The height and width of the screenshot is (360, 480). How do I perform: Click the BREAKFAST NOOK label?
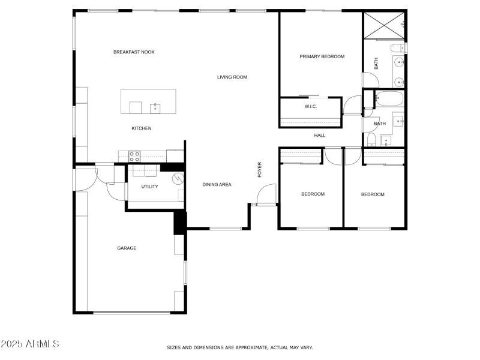point(134,52)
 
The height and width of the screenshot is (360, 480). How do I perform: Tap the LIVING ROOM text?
point(232,77)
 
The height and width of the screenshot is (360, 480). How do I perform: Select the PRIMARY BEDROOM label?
point(322,56)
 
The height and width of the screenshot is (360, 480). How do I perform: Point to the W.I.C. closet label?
point(310,106)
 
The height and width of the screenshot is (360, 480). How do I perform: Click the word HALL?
point(320,136)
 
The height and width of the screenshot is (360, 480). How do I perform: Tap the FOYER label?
point(260,169)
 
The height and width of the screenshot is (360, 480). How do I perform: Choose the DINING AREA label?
point(217,185)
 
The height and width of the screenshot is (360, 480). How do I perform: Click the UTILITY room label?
point(149,187)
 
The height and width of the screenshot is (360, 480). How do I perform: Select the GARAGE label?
point(127,248)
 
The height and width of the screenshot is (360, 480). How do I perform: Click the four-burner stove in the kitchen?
point(134,156)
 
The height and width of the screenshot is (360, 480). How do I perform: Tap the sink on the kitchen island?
point(155,107)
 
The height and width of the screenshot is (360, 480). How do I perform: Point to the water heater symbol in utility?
point(178,178)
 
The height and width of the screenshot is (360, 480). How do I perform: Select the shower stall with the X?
point(383,24)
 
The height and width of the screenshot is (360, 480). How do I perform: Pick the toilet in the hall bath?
point(371,140)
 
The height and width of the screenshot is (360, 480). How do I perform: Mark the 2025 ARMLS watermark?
point(30,344)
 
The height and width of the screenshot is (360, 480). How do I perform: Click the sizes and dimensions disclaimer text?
point(239,347)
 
